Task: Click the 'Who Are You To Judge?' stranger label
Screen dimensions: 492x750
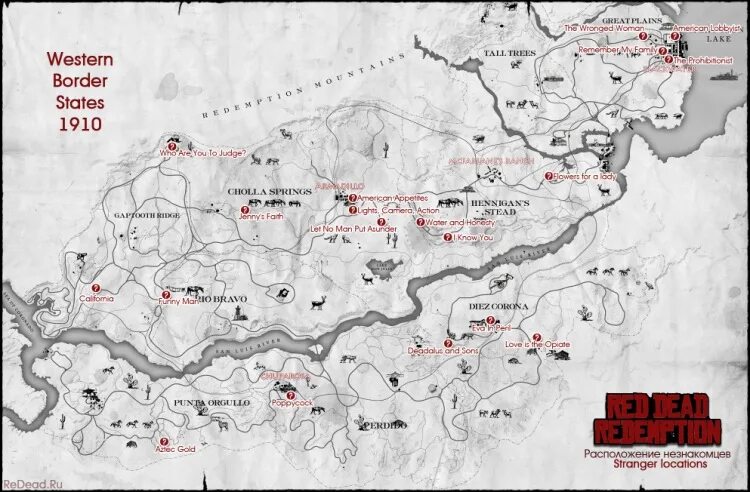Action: click(209, 154)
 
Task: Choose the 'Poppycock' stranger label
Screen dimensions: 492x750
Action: click(292, 402)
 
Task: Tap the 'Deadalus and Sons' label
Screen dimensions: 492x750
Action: click(443, 351)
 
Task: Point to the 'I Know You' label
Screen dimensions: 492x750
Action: click(473, 238)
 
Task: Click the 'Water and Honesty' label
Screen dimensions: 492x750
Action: click(461, 222)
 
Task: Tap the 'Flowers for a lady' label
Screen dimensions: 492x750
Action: click(583, 176)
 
